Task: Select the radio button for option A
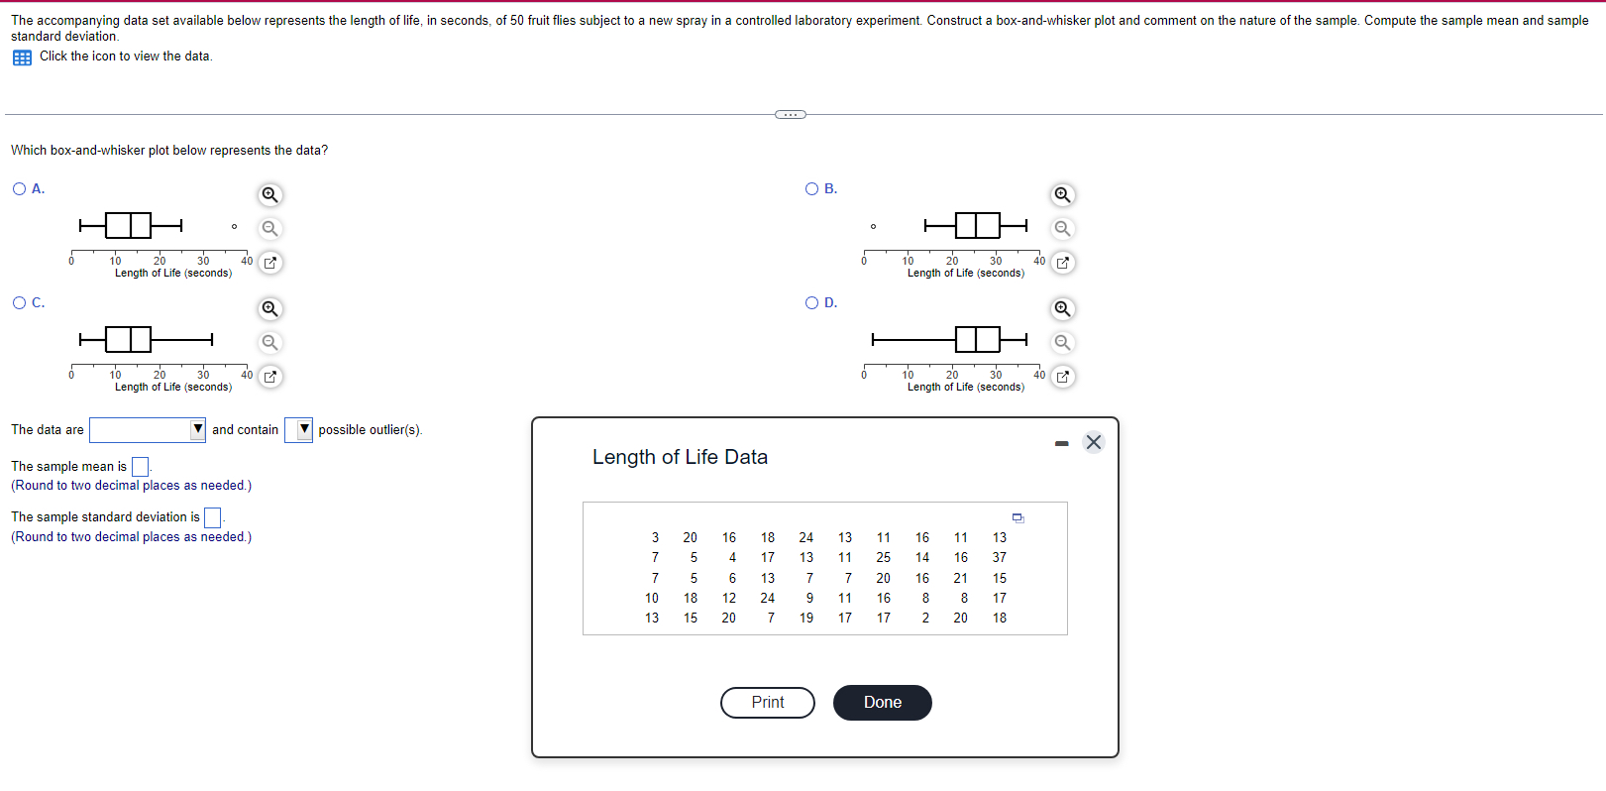coord(20,189)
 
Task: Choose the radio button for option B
coord(812,189)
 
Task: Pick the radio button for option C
coord(20,303)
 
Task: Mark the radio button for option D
coord(812,303)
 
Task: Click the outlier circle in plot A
coord(234,227)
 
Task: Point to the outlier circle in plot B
coord(873,227)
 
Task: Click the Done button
coord(882,703)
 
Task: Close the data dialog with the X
coord(1093,442)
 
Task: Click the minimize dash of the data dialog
coord(1062,443)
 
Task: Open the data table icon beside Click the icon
coord(22,57)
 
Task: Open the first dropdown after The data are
coord(147,430)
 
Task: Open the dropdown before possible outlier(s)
coord(298,430)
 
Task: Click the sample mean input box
coord(141,467)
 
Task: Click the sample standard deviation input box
coord(212,517)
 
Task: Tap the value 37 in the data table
coord(999,558)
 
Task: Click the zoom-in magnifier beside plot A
coord(269,194)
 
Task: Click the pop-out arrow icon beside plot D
coord(1062,377)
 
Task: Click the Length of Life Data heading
coord(680,457)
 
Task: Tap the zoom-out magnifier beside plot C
coord(269,343)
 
